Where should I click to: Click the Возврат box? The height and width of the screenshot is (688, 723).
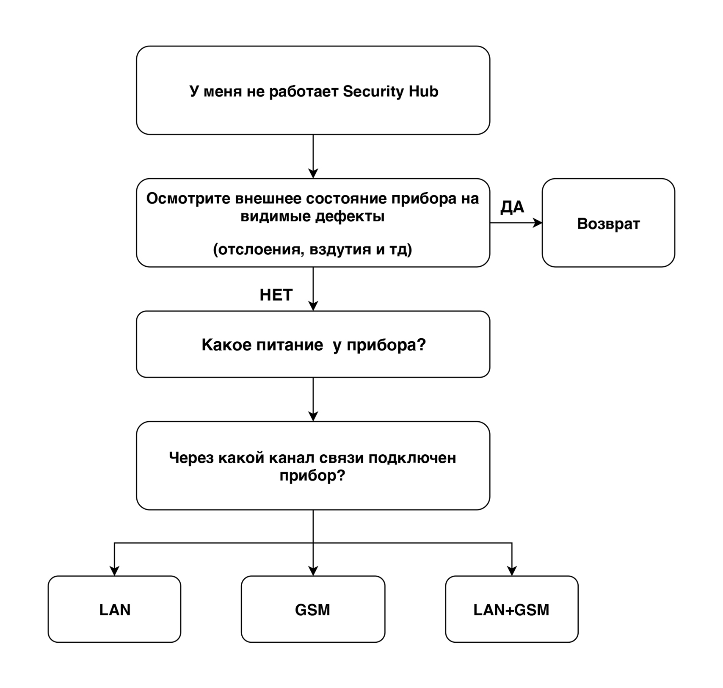pyautogui.click(x=608, y=223)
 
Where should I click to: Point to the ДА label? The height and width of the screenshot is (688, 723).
pyautogui.click(x=512, y=207)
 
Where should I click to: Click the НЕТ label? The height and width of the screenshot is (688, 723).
pyautogui.click(x=276, y=295)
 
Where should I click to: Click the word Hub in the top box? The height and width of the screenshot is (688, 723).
pyautogui.click(x=423, y=91)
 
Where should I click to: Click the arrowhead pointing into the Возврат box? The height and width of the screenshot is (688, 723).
pyautogui.click(x=537, y=223)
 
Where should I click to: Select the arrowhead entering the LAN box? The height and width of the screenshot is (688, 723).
pyautogui.click(x=114, y=571)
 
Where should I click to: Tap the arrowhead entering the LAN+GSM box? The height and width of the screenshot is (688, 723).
pyautogui.click(x=512, y=571)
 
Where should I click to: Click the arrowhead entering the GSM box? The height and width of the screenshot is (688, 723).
pyautogui.click(x=313, y=571)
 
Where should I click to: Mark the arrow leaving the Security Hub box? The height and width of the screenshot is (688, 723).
pyautogui.click(x=313, y=156)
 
